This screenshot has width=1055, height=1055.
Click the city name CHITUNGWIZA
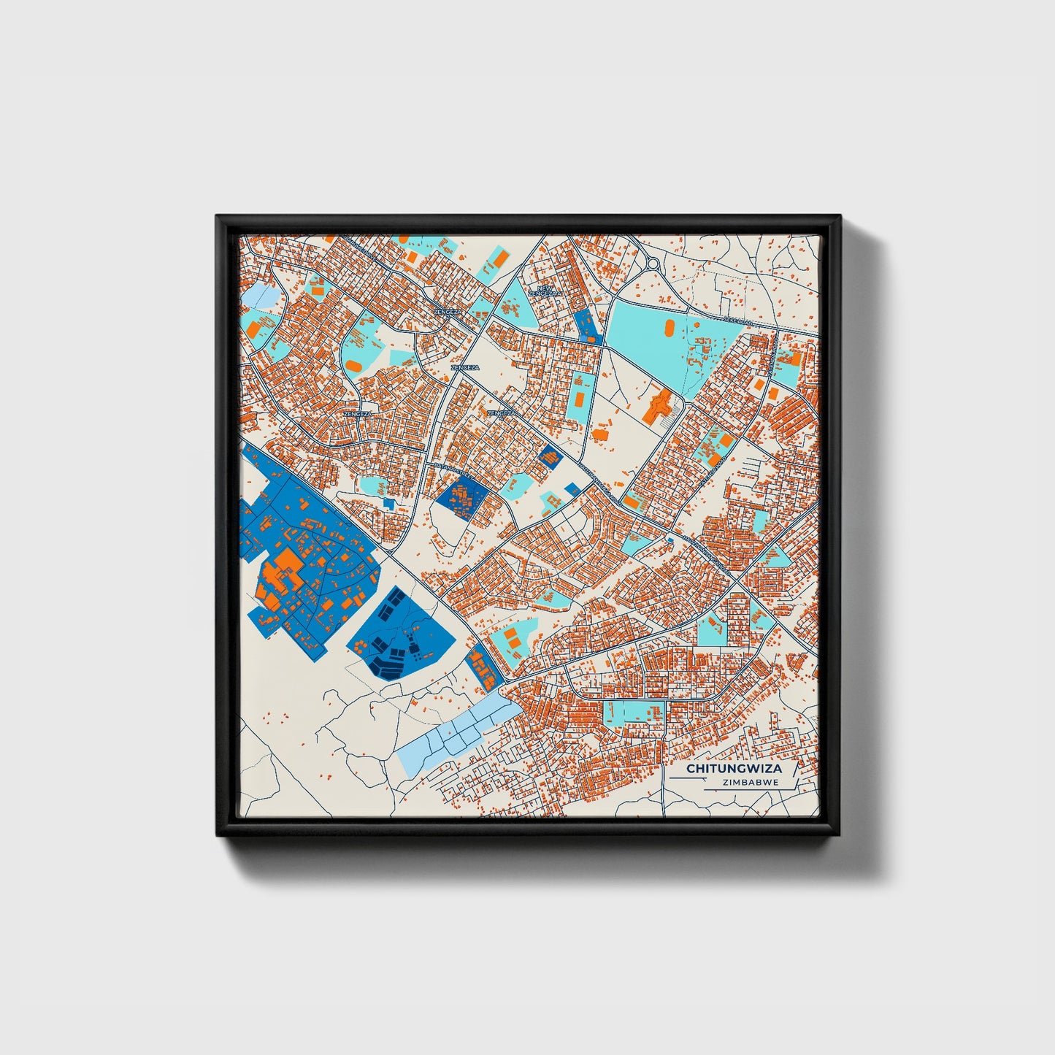point(733,769)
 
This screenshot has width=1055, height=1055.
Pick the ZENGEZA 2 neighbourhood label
point(447,311)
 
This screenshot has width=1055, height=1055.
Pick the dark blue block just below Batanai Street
point(461,499)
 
